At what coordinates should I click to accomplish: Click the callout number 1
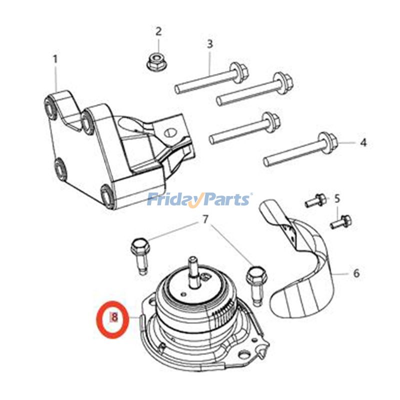coord(55,59)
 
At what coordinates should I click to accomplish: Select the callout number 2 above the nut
coord(158,31)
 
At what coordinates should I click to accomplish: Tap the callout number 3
coord(210,43)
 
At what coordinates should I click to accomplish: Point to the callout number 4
coord(363,142)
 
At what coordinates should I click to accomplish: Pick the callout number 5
coord(337,198)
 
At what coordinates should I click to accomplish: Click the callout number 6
coord(356,273)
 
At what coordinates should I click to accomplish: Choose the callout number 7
coord(204,219)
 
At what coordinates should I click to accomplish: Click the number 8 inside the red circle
coord(114,317)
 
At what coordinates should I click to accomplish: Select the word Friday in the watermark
coord(172,200)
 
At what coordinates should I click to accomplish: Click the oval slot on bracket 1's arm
coord(170,132)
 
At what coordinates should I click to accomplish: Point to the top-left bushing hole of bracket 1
coord(50,106)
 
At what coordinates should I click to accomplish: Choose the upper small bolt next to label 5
coord(314,201)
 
